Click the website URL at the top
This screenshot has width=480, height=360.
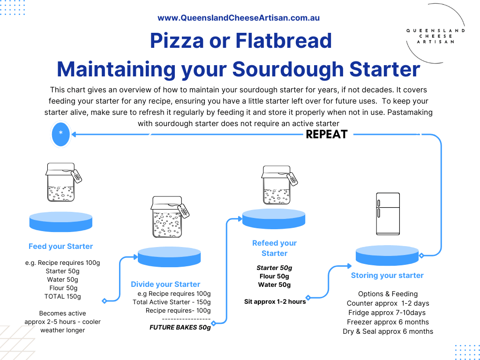coord(239,18)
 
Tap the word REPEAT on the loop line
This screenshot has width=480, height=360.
coord(327,135)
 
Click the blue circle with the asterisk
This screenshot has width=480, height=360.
coord(60,134)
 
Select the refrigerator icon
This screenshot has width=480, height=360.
coord(388,214)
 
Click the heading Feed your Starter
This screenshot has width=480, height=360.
coord(60,247)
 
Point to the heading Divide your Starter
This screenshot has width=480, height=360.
coord(165,285)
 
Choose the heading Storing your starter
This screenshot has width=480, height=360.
coord(387,276)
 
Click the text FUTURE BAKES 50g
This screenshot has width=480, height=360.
coord(180,327)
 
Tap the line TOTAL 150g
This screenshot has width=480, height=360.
coord(62,296)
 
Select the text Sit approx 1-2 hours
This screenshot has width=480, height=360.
coord(275,301)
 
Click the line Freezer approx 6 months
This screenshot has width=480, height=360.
coord(388,322)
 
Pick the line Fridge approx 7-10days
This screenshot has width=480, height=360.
coord(387,313)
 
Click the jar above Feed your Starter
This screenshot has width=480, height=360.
coord(63,182)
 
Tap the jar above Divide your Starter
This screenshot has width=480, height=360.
coord(170,217)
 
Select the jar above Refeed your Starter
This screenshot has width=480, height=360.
coord(279,185)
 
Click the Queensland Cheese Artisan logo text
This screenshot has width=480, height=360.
coord(435,36)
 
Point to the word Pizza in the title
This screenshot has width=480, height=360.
coord(177,41)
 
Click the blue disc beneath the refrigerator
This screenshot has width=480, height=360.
coord(387,255)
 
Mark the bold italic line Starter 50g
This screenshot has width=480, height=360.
coord(274,268)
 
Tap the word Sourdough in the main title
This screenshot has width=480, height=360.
coord(288,69)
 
